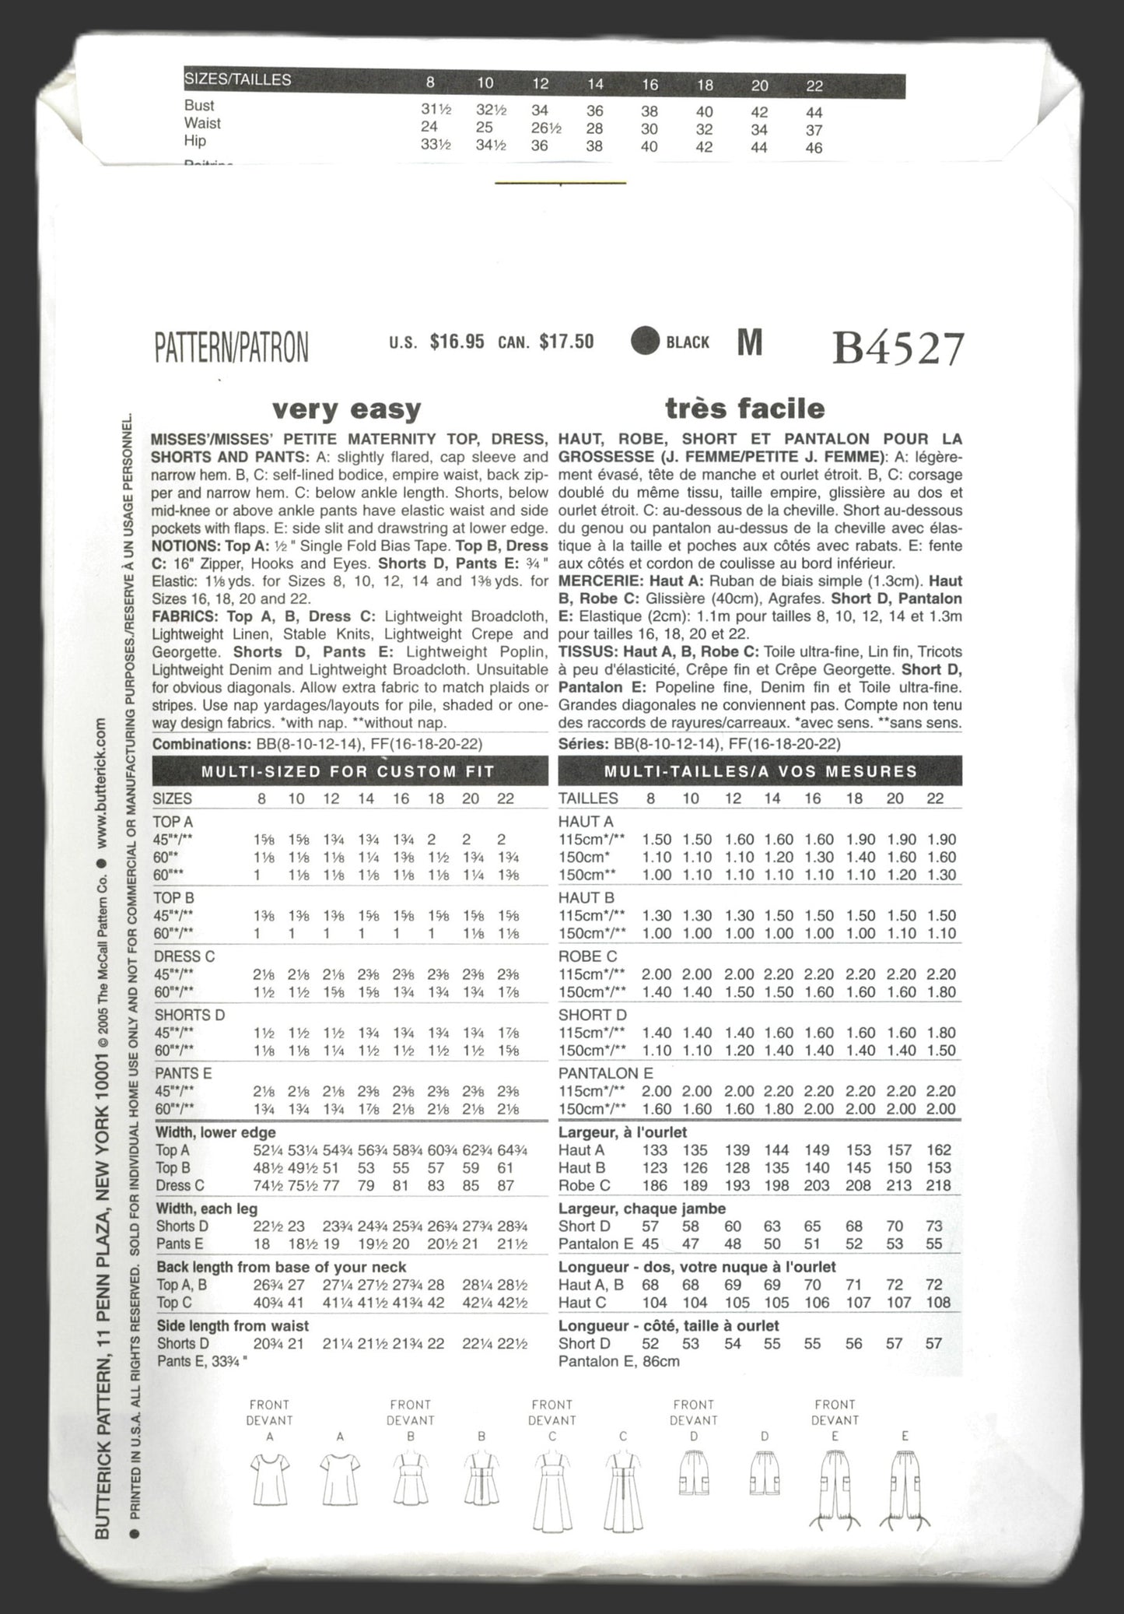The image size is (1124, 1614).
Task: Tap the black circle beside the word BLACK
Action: [645, 341]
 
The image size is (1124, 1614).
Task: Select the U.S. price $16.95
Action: [457, 342]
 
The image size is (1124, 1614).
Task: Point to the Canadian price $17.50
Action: [566, 342]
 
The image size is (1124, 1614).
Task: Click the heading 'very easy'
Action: [346, 409]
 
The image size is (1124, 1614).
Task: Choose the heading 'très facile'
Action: [744, 408]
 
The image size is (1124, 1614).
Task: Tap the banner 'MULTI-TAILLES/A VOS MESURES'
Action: [760, 771]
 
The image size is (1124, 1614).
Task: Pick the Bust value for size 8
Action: [436, 109]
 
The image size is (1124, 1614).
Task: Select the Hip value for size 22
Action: [814, 147]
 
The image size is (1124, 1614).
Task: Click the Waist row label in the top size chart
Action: [202, 123]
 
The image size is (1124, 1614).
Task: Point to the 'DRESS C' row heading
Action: [184, 956]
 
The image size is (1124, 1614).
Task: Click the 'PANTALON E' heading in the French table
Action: [605, 1073]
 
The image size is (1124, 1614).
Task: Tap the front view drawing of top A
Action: [269, 1482]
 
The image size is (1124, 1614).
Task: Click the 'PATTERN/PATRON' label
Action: [231, 346]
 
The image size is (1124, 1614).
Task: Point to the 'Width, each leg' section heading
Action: [207, 1209]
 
